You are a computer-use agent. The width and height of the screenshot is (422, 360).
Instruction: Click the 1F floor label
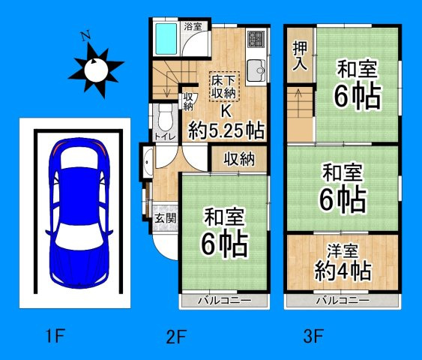coord(52,337)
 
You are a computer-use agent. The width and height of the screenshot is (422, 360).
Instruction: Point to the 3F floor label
coord(313,337)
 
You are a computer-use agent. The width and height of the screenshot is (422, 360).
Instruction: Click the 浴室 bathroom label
coord(193,26)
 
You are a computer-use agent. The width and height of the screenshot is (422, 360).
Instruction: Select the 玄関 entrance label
coord(165,219)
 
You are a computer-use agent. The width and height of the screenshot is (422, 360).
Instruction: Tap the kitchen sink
coord(257,70)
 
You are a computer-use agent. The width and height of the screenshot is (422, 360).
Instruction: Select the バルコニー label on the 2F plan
coord(223,300)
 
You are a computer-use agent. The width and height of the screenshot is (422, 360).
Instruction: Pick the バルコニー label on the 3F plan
coord(341,300)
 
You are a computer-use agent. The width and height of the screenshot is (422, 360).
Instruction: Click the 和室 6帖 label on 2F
coord(223,233)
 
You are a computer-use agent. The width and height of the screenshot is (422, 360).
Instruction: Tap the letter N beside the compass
coord(86,35)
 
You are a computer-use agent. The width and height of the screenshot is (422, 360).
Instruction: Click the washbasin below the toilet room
coord(148,162)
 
